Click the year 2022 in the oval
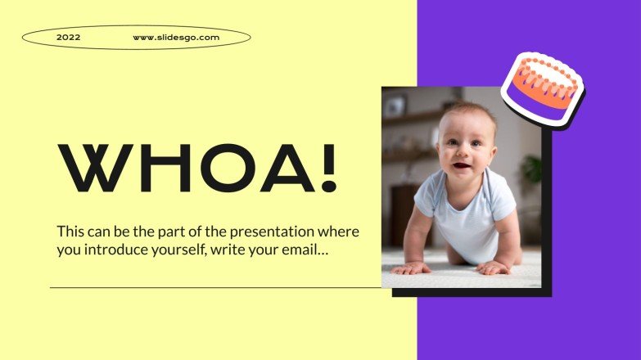tap(69, 37)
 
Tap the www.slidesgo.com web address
tap(176, 37)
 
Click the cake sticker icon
tap(541, 88)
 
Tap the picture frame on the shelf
tap(396, 106)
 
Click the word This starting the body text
tap(70, 232)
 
